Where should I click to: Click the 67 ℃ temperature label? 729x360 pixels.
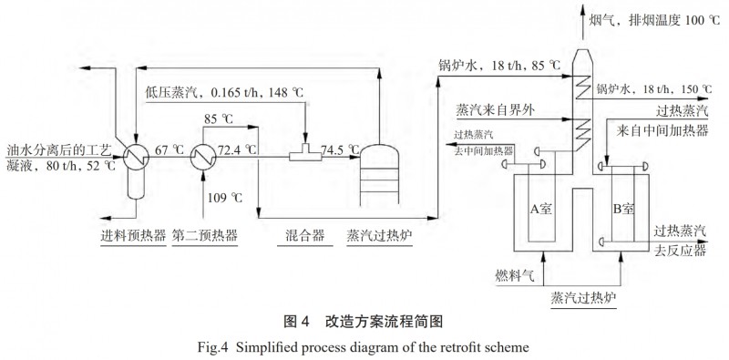coord(169,149)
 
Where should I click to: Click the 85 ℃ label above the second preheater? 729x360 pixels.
coord(219,118)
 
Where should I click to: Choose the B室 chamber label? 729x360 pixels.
coord(622,208)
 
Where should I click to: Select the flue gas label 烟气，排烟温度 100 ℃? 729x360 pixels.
coord(653,19)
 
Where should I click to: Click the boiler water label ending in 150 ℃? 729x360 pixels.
coord(653,89)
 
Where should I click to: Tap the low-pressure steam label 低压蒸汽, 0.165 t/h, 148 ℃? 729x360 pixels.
coord(224,92)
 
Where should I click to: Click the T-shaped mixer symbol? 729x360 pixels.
coord(300,155)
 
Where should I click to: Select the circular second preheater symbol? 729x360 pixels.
coord(202,156)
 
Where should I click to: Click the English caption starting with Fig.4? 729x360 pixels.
coord(364,346)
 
